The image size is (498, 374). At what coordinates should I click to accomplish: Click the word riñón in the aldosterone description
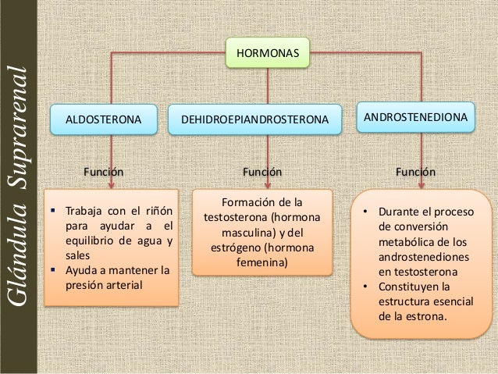click(157, 212)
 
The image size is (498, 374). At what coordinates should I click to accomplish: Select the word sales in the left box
click(78, 255)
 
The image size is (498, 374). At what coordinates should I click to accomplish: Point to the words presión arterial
click(104, 285)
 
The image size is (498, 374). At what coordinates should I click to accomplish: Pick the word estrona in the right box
click(428, 317)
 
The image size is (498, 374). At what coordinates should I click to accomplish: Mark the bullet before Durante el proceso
click(365, 212)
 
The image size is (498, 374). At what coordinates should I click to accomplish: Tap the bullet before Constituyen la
click(365, 287)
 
